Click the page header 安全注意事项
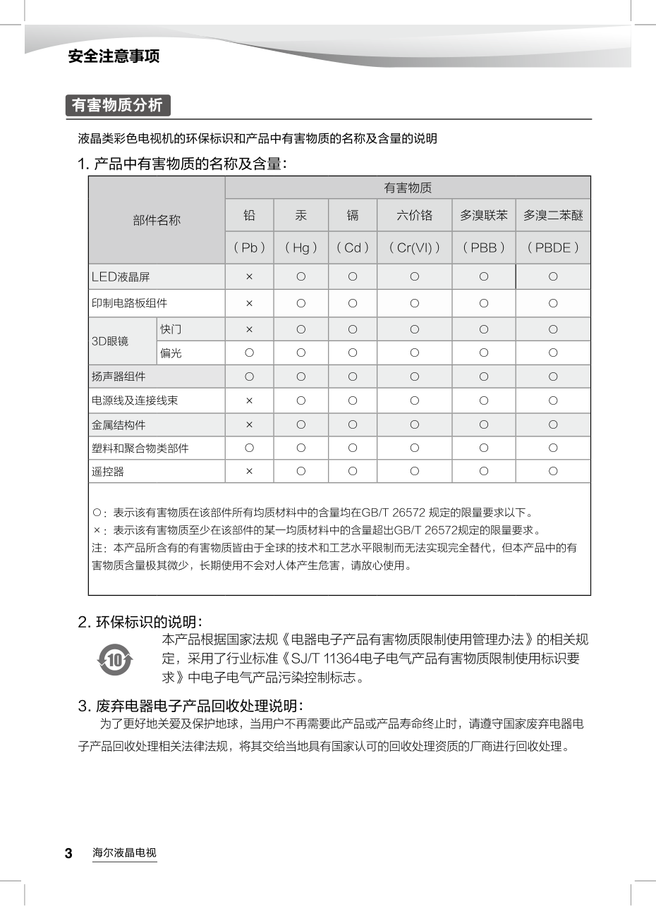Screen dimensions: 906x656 114,56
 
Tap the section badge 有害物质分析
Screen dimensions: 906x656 118,106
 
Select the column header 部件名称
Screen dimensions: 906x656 157,220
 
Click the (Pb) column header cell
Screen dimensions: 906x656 249,247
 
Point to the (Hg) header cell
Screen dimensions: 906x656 300,247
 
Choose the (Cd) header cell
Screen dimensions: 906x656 352,247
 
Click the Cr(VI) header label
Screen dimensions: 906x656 414,247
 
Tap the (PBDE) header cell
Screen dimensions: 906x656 553,247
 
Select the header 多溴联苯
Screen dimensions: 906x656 483,215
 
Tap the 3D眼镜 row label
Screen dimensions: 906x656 110,341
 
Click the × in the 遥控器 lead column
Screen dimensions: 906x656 249,471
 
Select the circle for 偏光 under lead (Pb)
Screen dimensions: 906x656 249,353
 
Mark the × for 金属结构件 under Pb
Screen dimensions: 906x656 249,424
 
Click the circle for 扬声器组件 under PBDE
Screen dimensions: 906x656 553,377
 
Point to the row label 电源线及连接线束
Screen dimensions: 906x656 134,400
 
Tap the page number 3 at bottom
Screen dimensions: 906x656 68,854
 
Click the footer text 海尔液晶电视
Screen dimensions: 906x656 124,853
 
